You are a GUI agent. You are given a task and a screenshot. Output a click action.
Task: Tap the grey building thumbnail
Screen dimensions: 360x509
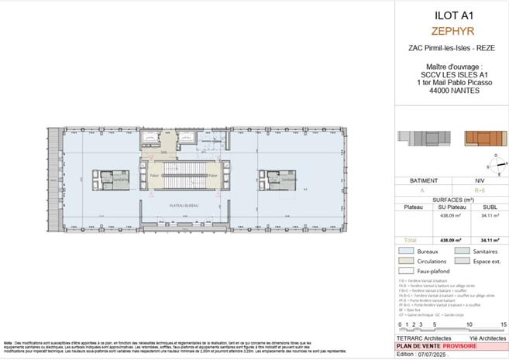pos(419,138)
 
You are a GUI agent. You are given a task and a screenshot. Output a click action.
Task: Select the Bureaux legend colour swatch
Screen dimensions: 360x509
pos(405,252)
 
